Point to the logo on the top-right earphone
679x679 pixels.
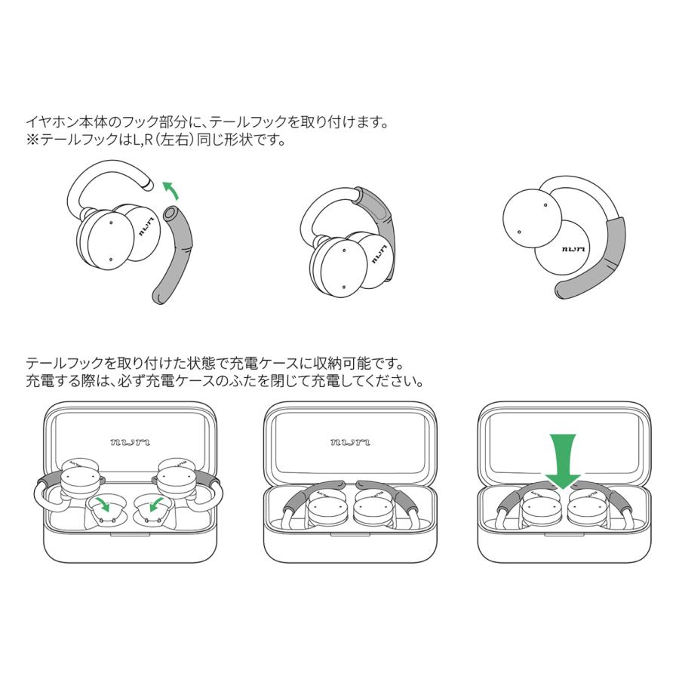tap(573, 249)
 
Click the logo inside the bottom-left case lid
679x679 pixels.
tap(124, 441)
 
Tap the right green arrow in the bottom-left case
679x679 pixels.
tap(158, 503)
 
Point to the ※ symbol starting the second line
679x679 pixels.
tap(32, 140)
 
